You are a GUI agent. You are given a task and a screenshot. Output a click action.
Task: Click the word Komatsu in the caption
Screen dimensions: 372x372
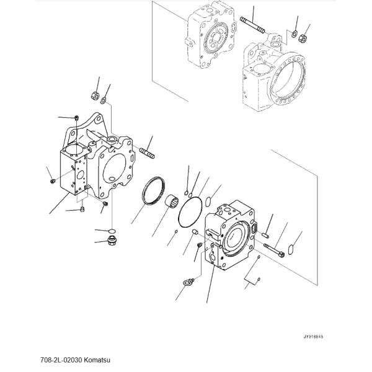tap(97, 360)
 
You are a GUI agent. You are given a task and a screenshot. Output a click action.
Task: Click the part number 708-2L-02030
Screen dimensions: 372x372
tap(61, 360)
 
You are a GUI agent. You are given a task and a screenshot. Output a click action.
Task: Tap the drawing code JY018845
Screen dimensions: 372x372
tap(313, 337)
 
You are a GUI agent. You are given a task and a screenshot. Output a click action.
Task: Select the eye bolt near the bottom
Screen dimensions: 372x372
tap(188, 282)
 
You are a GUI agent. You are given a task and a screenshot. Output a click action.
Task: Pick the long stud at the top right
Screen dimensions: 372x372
tap(252, 25)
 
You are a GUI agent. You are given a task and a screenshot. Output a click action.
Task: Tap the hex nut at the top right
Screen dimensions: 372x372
tap(303, 38)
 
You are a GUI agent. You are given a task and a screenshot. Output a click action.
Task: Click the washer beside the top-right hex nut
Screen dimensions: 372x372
tap(294, 34)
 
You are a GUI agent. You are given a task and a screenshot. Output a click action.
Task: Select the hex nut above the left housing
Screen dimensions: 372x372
tap(95, 95)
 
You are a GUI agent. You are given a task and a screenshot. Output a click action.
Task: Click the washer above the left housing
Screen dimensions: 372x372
tap(103, 100)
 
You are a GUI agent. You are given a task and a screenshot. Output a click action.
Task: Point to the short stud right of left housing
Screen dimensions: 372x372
tap(147, 153)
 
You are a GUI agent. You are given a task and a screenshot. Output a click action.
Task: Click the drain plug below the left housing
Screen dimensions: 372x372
tap(112, 241)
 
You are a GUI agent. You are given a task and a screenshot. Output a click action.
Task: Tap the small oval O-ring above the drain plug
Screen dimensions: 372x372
tap(112, 231)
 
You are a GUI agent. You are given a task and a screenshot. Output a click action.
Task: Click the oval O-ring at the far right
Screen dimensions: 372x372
tap(291, 250)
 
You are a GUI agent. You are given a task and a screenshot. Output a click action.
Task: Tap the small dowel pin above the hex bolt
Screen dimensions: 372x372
tap(265, 235)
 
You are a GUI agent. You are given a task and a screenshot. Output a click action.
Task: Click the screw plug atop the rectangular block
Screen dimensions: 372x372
tap(76, 117)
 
